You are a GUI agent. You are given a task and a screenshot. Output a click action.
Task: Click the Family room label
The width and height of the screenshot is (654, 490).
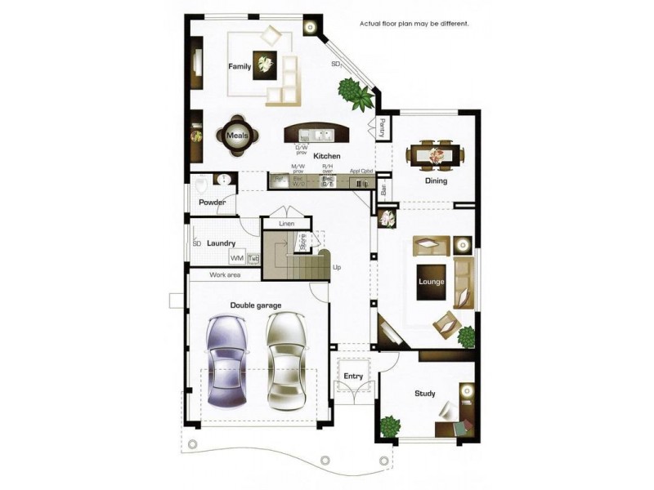pyautogui.click(x=240, y=66)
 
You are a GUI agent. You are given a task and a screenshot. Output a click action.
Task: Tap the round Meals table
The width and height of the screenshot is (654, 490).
pyautogui.click(x=237, y=136)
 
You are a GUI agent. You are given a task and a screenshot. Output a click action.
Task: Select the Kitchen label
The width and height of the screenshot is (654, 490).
pyautogui.click(x=326, y=155)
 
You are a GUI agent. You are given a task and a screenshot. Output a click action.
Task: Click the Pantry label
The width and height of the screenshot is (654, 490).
pyautogui.click(x=382, y=128)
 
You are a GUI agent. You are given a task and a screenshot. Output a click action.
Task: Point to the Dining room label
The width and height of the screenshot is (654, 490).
pyautogui.click(x=436, y=180)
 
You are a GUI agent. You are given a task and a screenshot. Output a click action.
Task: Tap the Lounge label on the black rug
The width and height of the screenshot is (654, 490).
pyautogui.click(x=431, y=283)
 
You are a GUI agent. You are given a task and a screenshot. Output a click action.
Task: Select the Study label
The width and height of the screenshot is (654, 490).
pyautogui.click(x=424, y=394)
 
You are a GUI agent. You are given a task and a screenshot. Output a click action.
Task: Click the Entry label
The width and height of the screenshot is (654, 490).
pyautogui.click(x=353, y=376)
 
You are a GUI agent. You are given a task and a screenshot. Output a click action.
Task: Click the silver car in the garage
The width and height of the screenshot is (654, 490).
pyautogui.click(x=285, y=359)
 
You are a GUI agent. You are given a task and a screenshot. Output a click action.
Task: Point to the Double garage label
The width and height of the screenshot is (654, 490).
pyautogui.click(x=256, y=305)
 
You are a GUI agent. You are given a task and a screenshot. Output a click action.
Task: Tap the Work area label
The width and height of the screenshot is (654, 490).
pyautogui.click(x=225, y=275)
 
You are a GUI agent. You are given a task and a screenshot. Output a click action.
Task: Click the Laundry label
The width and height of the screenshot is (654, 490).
pyautogui.click(x=221, y=243)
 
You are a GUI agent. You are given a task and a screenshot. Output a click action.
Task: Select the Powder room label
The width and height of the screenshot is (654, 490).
pyautogui.click(x=212, y=203)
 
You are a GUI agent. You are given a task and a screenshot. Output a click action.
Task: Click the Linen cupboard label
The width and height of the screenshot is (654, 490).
pyautogui.click(x=286, y=223)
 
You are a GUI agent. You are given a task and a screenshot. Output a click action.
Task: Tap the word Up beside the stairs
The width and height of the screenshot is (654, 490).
pyautogui.click(x=337, y=267)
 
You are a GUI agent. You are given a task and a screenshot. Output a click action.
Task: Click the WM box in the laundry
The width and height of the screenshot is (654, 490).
pyautogui.click(x=237, y=258)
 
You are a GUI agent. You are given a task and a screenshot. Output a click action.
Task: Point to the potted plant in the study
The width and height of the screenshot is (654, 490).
pyautogui.click(x=391, y=426)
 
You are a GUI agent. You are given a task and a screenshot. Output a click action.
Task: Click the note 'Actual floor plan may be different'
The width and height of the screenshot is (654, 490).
pyautogui.click(x=414, y=24)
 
